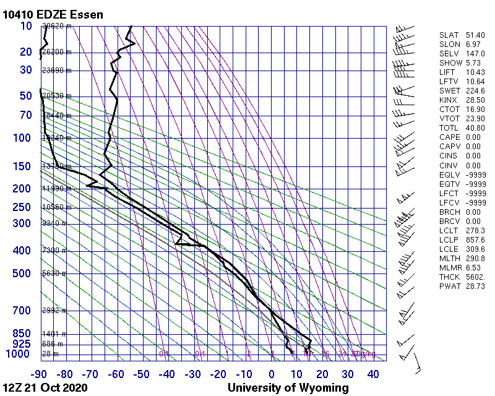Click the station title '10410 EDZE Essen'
(x=53, y=14)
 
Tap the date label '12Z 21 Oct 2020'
(x=45, y=388)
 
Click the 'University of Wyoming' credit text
(x=288, y=388)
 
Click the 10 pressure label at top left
(x=26, y=26)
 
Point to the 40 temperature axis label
(x=373, y=374)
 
